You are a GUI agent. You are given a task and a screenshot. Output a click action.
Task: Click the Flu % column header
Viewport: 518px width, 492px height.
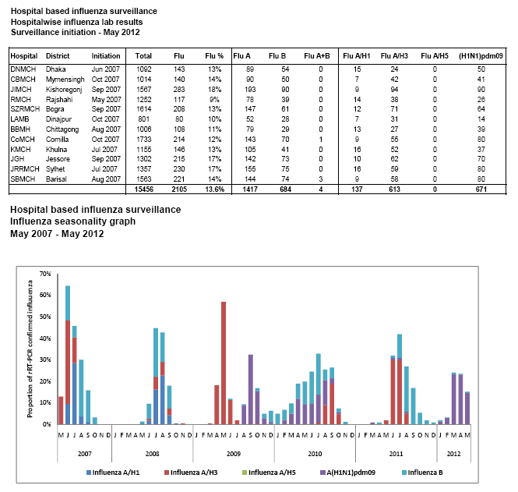coord(214,56)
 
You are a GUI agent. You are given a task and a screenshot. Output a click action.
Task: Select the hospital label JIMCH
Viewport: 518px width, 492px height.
coord(21,90)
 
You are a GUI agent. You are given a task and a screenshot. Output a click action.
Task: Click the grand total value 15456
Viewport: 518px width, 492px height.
coord(143,189)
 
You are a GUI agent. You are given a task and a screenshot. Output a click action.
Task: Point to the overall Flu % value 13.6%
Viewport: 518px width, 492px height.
coord(214,189)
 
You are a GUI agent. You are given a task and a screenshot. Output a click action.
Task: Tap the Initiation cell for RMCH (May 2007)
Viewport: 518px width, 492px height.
coord(106,100)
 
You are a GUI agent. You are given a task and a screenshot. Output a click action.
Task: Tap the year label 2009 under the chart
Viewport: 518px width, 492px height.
coord(234,453)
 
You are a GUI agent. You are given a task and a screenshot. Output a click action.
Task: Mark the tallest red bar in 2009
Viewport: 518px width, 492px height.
coord(224,363)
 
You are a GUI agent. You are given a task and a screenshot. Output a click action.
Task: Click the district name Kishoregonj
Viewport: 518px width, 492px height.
coord(66,90)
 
